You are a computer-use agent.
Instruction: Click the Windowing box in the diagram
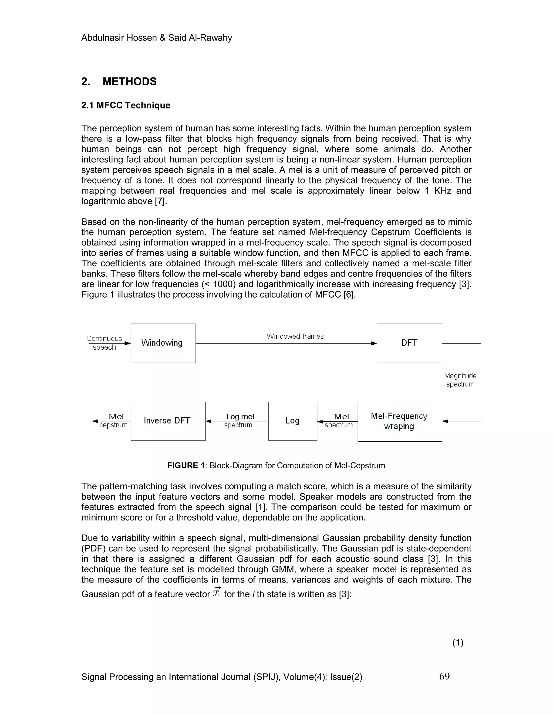(x=163, y=343)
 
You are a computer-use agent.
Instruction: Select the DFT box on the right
(x=409, y=343)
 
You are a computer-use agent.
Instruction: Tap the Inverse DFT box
(x=168, y=421)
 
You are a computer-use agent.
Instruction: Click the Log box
(x=292, y=421)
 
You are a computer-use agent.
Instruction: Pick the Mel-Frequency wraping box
(x=400, y=421)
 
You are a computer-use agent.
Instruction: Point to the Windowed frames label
(x=295, y=336)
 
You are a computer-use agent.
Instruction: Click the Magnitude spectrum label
(x=460, y=380)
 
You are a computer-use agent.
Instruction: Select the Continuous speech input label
(x=104, y=343)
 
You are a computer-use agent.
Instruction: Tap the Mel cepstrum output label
(x=114, y=421)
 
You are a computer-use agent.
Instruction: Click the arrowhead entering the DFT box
(x=373, y=343)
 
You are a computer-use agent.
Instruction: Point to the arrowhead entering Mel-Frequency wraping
(x=445, y=421)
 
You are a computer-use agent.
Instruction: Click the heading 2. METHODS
(x=119, y=81)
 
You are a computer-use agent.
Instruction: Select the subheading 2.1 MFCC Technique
(x=126, y=105)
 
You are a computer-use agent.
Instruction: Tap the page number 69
(x=444, y=676)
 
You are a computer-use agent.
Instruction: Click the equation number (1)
(x=458, y=643)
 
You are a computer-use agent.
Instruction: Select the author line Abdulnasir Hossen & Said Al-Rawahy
(x=157, y=38)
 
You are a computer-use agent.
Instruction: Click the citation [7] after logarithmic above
(x=161, y=201)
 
